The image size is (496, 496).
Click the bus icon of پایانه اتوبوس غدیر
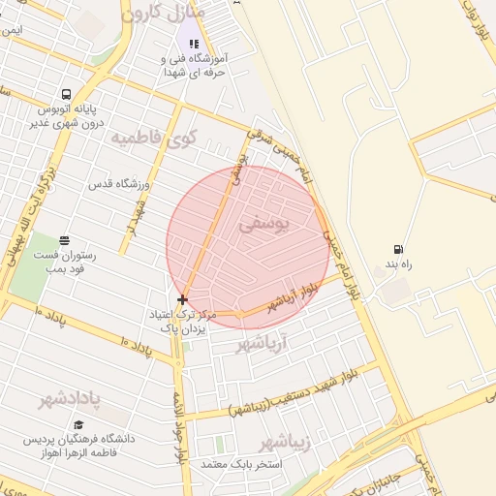[x=65, y=95]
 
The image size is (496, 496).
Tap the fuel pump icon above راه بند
[x=398, y=249]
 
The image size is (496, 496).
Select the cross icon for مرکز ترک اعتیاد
[x=182, y=300]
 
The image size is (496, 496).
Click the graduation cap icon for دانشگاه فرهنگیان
[x=77, y=424]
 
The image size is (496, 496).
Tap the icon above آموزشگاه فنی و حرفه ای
[x=194, y=44]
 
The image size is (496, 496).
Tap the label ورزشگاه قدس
[x=118, y=184]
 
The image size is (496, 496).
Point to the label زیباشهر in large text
[x=287, y=443]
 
